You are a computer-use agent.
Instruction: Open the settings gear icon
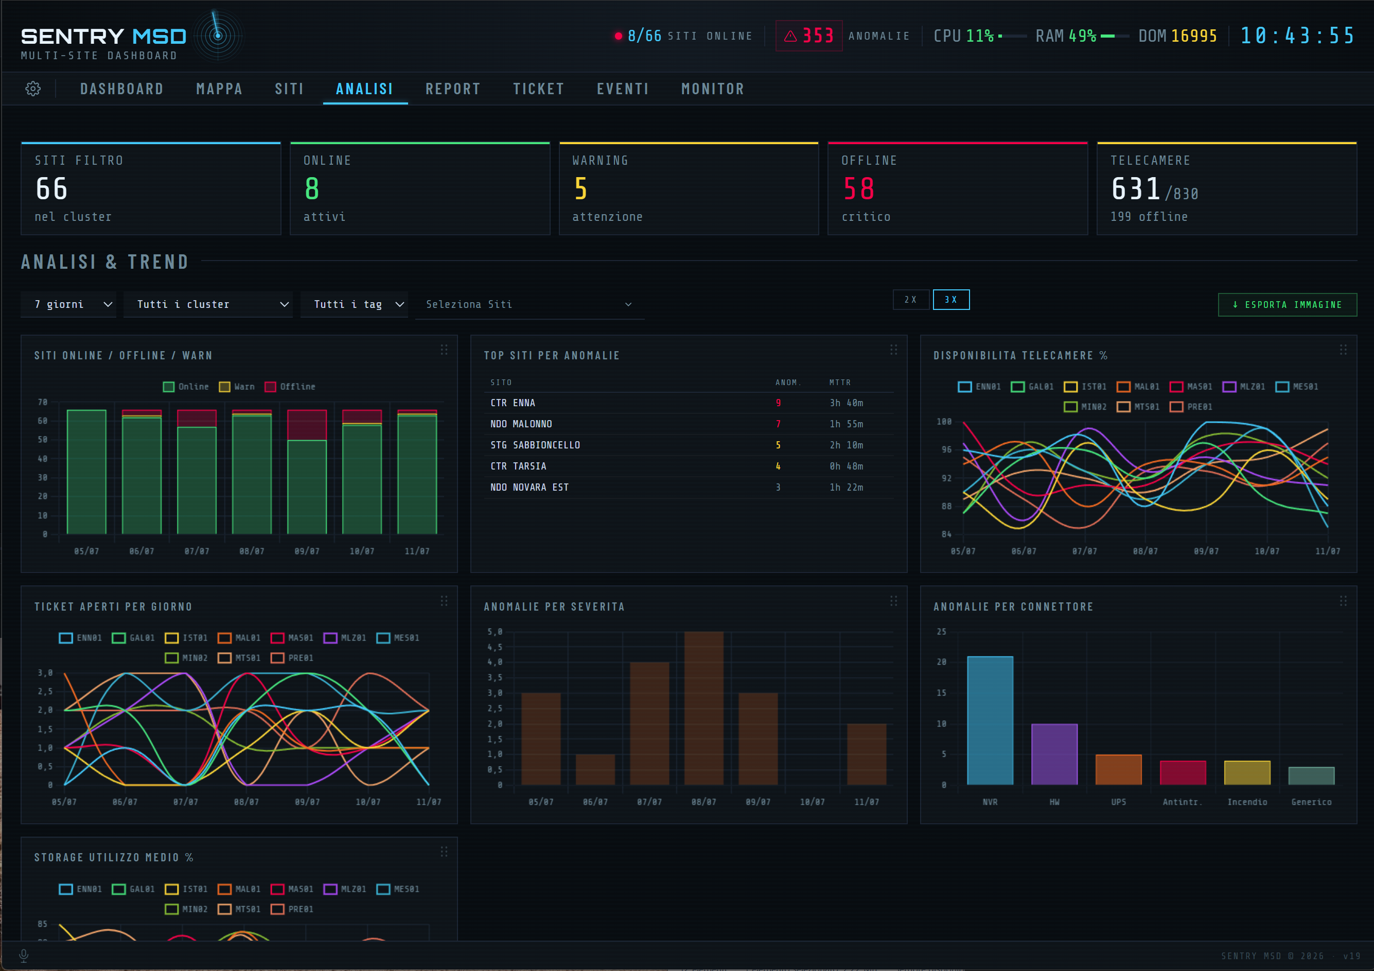(33, 89)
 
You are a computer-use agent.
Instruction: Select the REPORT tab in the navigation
(453, 89)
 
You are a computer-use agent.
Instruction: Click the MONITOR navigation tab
(713, 89)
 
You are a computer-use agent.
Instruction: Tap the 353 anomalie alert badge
(809, 36)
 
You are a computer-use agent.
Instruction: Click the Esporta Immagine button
(1287, 305)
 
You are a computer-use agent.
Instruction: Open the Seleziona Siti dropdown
(530, 305)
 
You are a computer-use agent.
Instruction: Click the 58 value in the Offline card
(859, 188)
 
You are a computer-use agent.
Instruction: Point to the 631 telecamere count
(1136, 188)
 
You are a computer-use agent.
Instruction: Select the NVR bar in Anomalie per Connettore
(991, 720)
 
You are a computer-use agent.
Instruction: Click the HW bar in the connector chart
(1054, 754)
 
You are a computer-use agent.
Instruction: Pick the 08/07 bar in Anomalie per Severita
(704, 708)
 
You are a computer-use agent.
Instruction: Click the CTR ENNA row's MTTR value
(846, 403)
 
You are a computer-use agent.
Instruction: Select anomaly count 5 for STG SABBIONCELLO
(778, 445)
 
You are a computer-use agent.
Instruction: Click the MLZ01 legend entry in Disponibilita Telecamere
(1244, 387)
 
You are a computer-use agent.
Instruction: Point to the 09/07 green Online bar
(307, 487)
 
